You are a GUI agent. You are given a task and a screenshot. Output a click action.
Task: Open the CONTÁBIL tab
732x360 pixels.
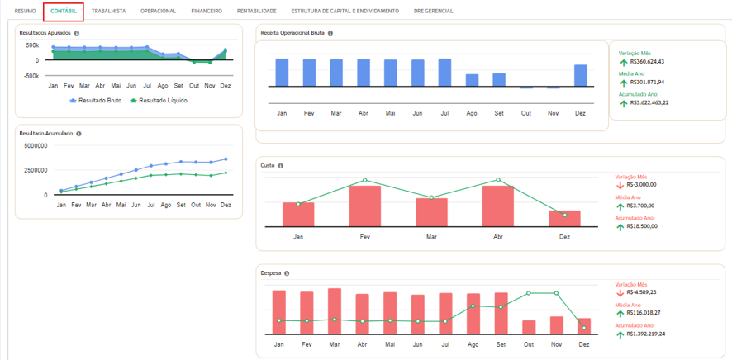63,11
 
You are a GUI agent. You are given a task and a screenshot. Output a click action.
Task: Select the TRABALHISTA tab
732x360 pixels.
109,11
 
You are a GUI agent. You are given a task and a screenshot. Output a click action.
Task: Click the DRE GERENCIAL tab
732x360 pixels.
433,11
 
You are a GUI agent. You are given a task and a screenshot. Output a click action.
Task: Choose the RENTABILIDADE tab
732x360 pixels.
256,11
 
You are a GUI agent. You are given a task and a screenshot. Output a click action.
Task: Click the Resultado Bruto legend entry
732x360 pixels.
96,100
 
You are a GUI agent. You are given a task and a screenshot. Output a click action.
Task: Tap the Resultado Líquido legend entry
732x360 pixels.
159,100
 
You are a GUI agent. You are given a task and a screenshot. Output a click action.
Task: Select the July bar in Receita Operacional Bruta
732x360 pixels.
444,73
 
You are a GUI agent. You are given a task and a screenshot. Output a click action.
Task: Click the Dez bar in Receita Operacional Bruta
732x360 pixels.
580,75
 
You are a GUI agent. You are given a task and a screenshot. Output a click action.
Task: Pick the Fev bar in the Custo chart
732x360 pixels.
365,206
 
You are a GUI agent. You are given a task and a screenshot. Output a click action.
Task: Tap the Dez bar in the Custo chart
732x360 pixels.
564,219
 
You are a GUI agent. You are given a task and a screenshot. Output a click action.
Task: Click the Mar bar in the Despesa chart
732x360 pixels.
335,311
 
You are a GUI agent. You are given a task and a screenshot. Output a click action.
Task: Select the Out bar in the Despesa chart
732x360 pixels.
529,327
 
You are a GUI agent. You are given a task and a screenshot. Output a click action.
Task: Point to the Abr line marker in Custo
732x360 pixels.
498,179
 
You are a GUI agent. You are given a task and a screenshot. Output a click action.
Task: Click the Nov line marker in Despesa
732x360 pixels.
556,293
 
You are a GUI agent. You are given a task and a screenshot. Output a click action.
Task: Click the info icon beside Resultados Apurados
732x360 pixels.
77,33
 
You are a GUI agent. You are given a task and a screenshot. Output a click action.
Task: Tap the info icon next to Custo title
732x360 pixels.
281,165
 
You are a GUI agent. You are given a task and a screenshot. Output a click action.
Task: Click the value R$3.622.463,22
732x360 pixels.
649,102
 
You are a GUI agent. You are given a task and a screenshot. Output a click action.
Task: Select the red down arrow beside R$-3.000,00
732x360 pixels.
620,185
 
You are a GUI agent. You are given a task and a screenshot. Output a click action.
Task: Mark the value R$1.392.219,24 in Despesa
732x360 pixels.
647,334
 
